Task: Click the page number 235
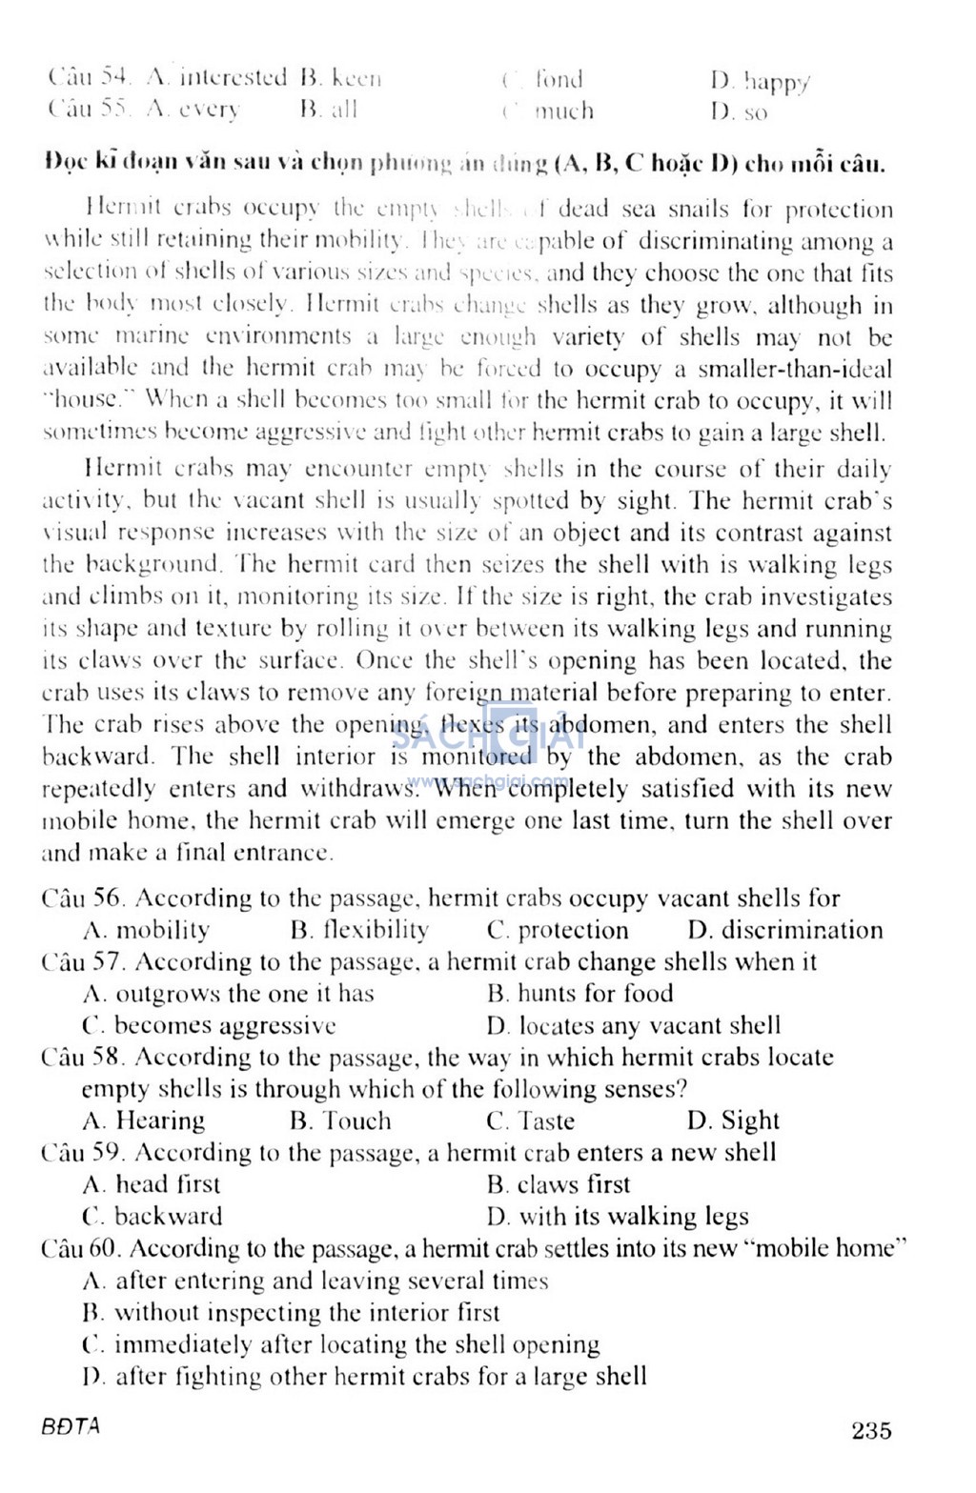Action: coord(871,1429)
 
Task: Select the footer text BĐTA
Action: coord(71,1426)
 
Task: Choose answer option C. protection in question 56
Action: coord(558,930)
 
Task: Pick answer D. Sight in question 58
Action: coord(733,1120)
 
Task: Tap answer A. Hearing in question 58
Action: coord(144,1120)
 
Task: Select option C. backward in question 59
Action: coord(152,1217)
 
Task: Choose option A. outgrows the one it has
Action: coord(229,994)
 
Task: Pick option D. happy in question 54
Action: coord(760,82)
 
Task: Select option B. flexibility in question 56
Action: coord(359,930)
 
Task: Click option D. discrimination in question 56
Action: coord(785,930)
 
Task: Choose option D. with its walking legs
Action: coord(617,1217)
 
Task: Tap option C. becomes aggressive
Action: coord(210,1026)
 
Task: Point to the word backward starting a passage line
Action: coord(98,757)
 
